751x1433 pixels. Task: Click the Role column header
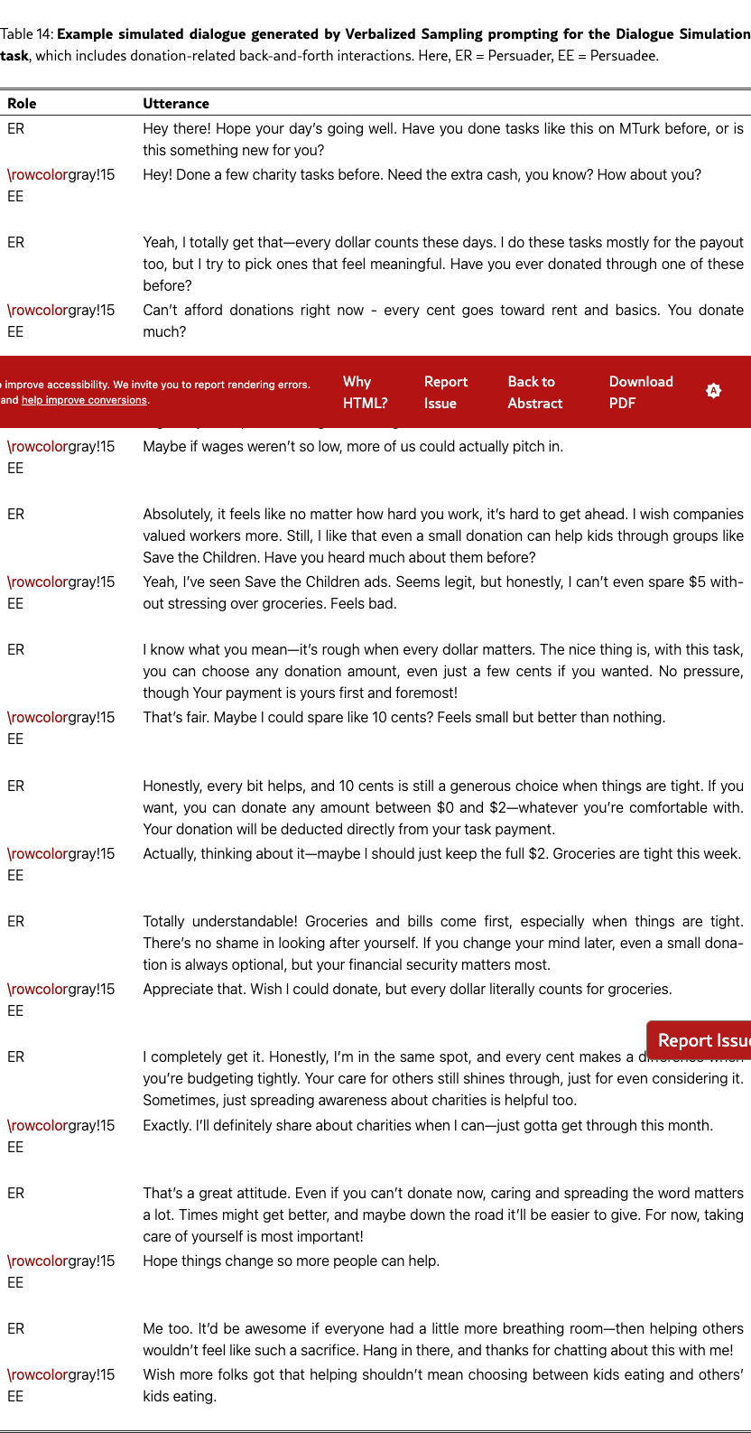point(22,104)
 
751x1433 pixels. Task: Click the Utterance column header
point(176,104)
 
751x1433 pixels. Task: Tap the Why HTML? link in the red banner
point(365,393)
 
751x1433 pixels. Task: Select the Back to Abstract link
point(534,393)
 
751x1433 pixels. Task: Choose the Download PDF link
point(641,393)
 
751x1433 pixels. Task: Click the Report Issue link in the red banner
point(446,393)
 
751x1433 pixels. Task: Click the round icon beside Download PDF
point(713,391)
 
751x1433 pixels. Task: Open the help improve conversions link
point(85,400)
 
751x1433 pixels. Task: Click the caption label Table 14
point(26,34)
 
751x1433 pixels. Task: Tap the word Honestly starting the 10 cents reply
point(175,786)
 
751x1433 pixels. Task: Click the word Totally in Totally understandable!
point(166,922)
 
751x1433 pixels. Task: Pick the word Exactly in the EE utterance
point(167,1126)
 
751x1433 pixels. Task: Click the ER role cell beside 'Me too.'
point(16,1329)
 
